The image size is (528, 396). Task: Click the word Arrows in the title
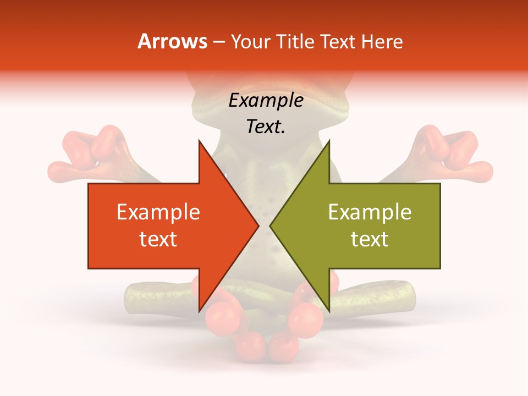173,41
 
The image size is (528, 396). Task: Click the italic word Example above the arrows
266,101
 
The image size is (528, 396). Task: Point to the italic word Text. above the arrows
266,127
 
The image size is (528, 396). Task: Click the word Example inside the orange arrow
158,212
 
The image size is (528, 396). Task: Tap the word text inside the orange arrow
158,239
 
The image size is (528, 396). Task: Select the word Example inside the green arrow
370,212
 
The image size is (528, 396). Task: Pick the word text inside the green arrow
370,239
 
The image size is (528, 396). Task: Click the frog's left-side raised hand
88,154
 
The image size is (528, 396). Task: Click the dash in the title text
218,42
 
